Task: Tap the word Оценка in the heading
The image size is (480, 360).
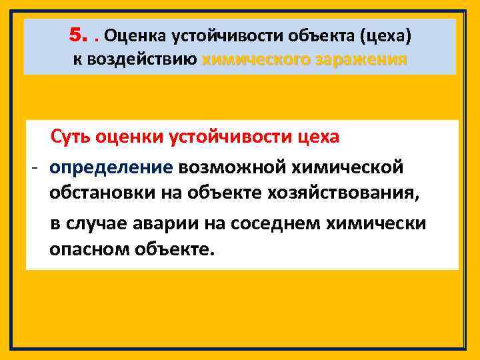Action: click(137, 35)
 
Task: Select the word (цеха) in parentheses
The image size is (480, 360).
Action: click(387, 35)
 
